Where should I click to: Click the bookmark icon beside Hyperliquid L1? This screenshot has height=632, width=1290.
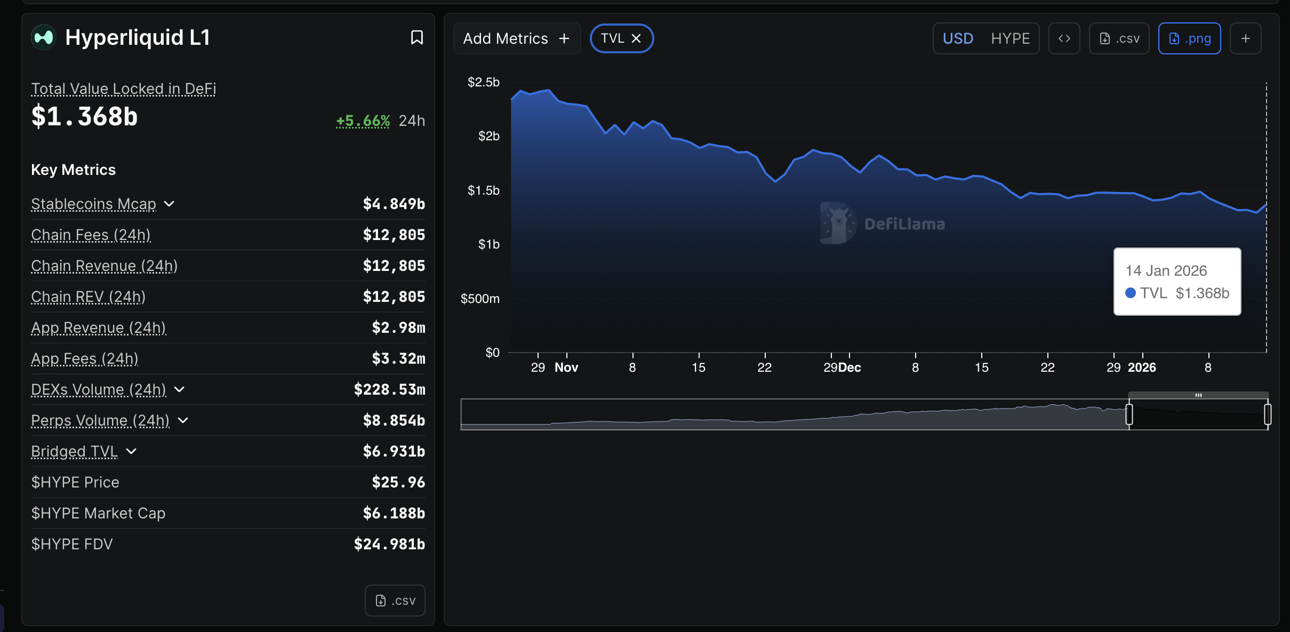click(x=416, y=37)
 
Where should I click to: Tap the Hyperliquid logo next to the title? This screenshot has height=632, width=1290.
click(x=44, y=37)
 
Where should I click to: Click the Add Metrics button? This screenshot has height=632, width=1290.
click(x=516, y=38)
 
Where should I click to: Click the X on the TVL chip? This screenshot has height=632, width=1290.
click(x=636, y=38)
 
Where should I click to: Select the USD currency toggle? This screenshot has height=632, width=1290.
click(x=958, y=38)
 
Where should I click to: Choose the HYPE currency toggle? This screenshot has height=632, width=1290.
click(x=1010, y=38)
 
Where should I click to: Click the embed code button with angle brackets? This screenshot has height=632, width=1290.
click(x=1064, y=38)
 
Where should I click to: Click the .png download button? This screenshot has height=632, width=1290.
click(x=1189, y=38)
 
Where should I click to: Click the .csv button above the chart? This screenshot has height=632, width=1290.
click(x=1119, y=38)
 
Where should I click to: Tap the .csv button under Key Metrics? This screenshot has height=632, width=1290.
click(x=395, y=601)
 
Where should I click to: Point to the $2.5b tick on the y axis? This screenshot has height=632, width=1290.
click(x=483, y=82)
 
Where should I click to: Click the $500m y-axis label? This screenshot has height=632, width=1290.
click(x=480, y=299)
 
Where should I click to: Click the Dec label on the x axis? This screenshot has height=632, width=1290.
click(x=850, y=367)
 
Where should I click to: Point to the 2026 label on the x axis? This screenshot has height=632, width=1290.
click(x=1142, y=367)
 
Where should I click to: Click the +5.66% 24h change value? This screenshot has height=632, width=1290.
click(x=363, y=121)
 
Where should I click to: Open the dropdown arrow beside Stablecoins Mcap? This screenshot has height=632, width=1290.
click(x=169, y=204)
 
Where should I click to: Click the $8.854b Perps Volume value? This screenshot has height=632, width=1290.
click(x=394, y=420)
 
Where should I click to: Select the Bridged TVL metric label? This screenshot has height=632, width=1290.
click(x=74, y=451)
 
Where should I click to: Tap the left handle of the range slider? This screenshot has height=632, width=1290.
click(x=1129, y=414)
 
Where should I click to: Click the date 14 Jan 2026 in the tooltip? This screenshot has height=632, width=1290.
click(x=1166, y=271)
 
